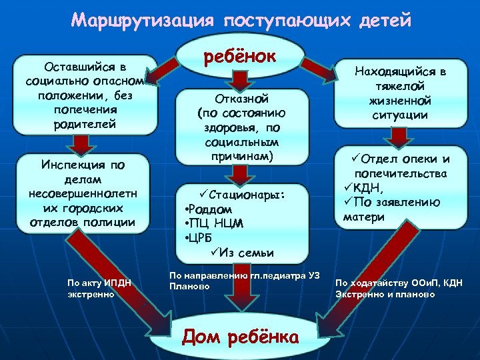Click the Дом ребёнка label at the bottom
pyautogui.click(x=240, y=337)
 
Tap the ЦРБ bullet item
pyautogui.click(x=202, y=237)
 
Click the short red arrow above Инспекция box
pyautogui.click(x=84, y=143)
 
